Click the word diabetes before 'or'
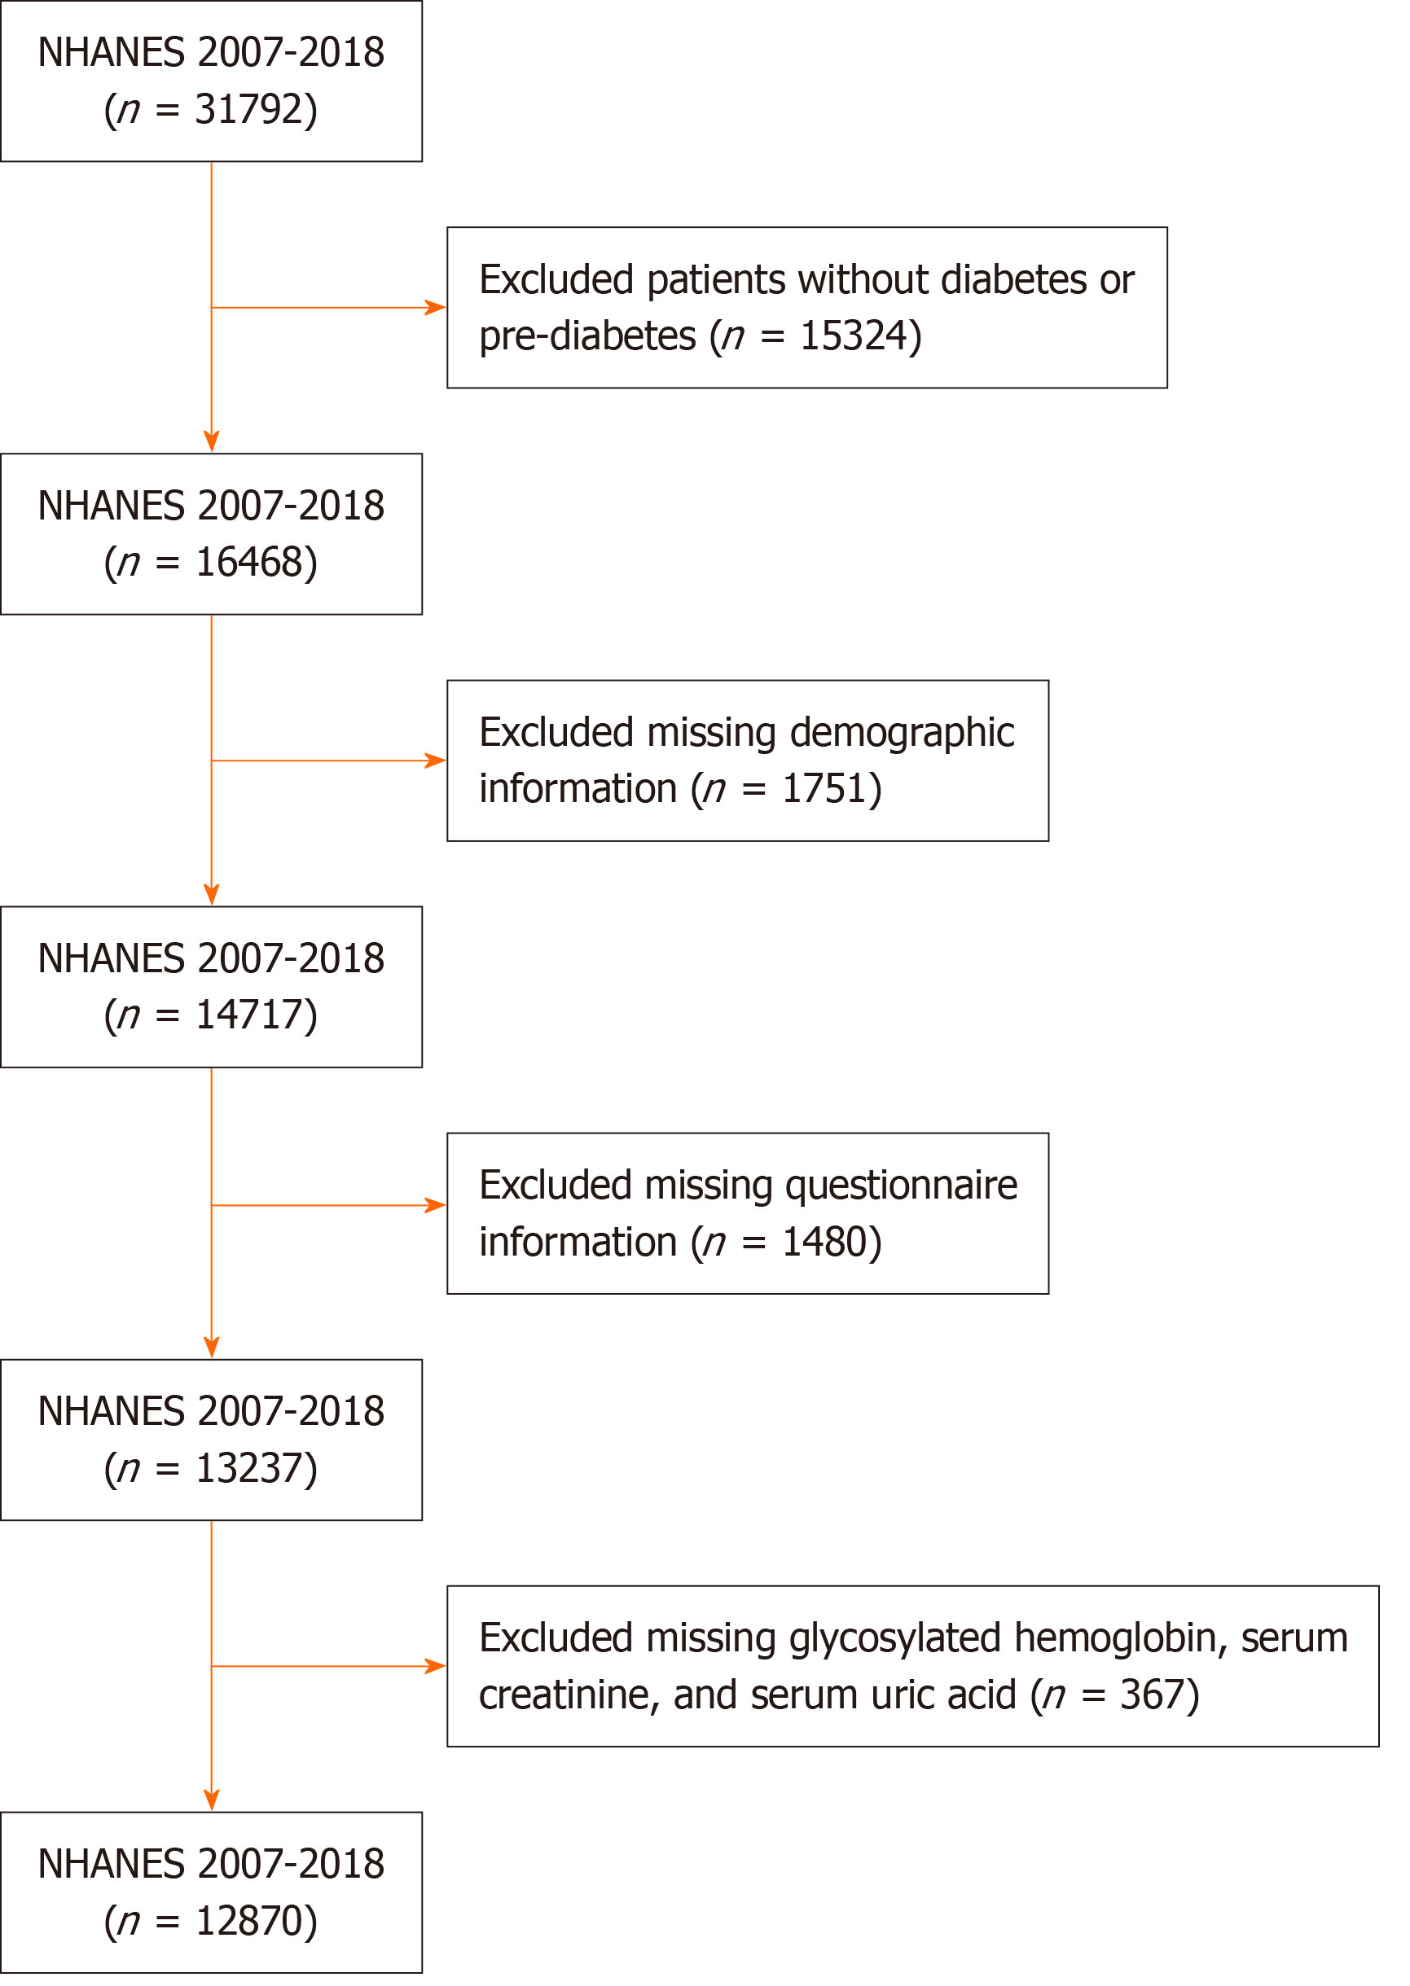[x=1014, y=279]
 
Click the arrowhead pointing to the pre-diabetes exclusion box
[x=435, y=307]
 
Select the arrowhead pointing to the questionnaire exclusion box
[x=435, y=1206]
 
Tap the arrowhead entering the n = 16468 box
[x=212, y=442]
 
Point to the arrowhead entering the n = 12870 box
[x=212, y=1800]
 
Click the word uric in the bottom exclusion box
[x=898, y=1695]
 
